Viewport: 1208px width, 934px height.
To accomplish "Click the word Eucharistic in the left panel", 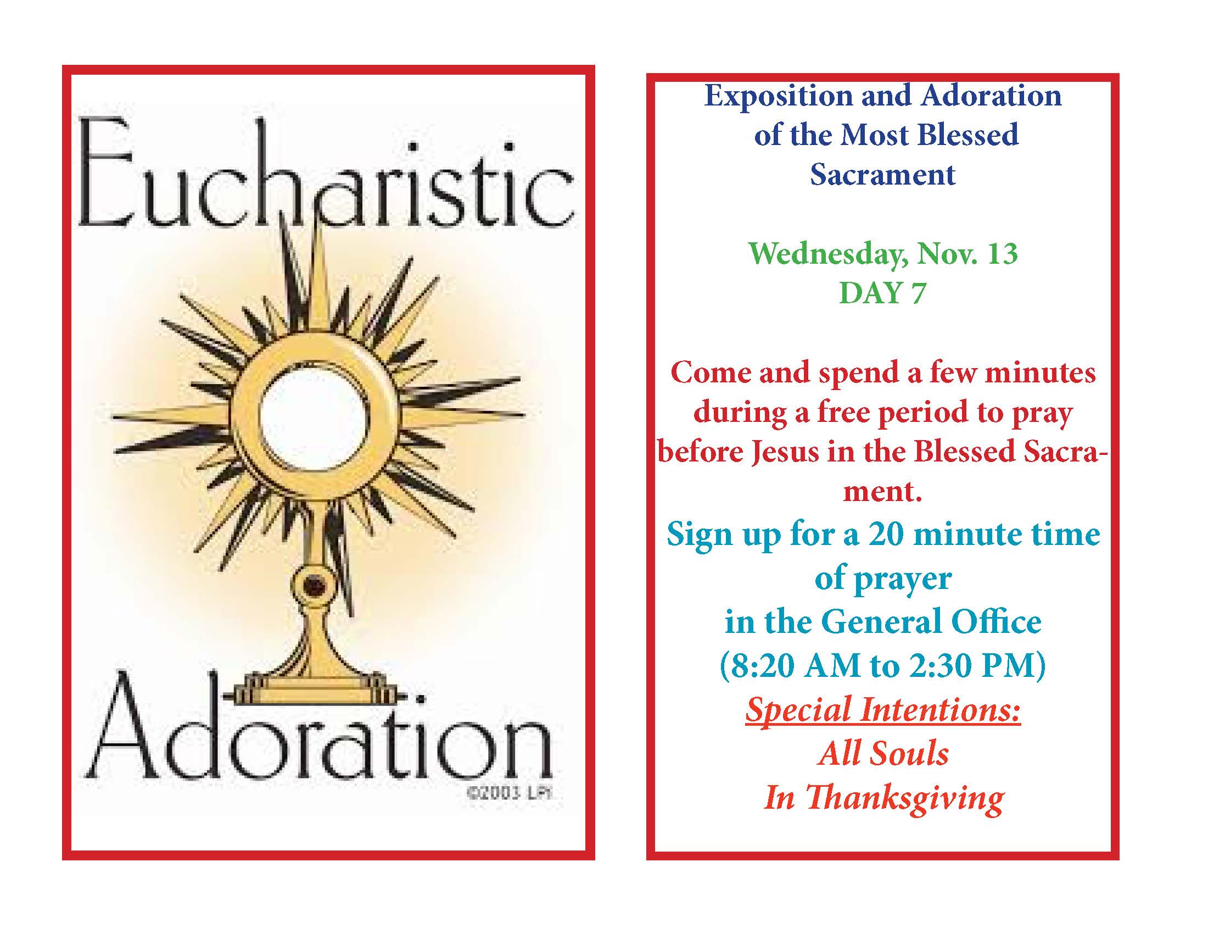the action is (326, 174).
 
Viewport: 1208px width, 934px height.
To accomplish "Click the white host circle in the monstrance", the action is (313, 415).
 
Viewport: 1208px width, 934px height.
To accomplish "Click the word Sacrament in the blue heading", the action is (883, 174).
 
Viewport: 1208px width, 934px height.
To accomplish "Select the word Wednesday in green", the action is (829, 254).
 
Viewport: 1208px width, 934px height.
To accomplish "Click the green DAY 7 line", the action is (882, 293).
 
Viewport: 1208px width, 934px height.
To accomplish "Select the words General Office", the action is (931, 621).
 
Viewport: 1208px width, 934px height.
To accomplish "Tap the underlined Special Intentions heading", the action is (883, 710).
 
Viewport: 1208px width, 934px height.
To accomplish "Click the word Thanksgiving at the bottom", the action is (904, 799).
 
